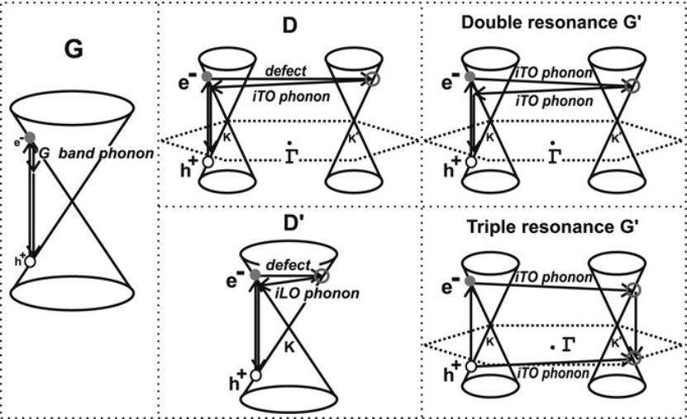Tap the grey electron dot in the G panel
tap(31, 136)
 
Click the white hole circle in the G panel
tap(31, 261)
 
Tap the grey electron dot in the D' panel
tap(255, 274)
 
